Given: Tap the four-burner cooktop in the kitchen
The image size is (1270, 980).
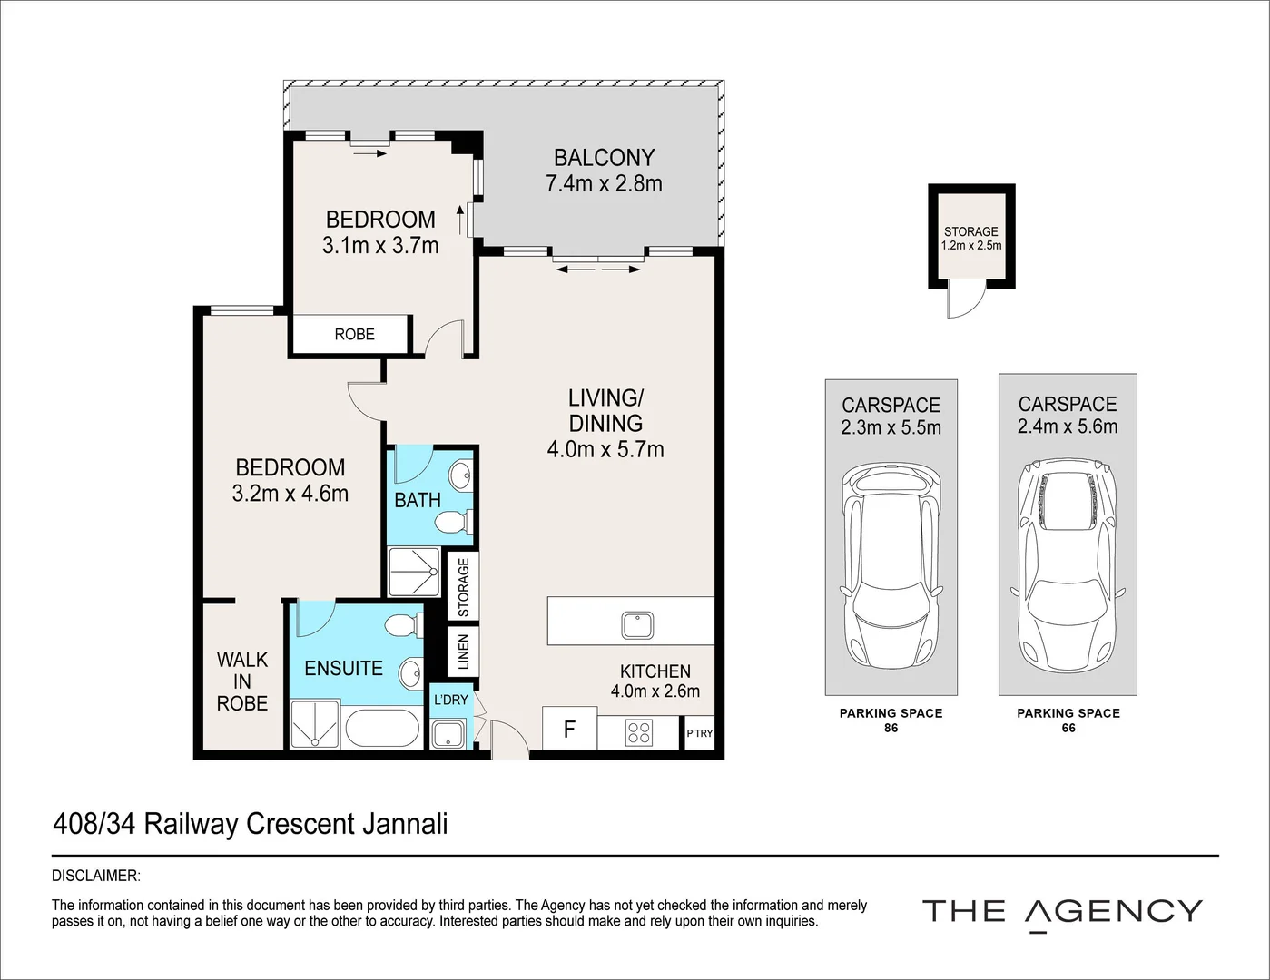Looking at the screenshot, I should pyautogui.click(x=639, y=731).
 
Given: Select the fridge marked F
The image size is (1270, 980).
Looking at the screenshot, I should pyautogui.click(x=569, y=729).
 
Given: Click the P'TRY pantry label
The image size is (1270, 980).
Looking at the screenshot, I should pyautogui.click(x=699, y=734).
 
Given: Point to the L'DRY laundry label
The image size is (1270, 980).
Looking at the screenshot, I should pyautogui.click(x=450, y=700).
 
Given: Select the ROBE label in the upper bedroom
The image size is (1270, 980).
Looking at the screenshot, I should pyautogui.click(x=354, y=334).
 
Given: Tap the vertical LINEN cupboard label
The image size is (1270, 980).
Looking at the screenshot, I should pyautogui.click(x=464, y=652).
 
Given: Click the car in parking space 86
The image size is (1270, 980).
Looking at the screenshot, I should pyautogui.click(x=891, y=566).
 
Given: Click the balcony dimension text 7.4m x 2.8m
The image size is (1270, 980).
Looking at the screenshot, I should pyautogui.click(x=604, y=184).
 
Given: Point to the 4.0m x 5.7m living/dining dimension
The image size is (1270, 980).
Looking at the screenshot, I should pyautogui.click(x=605, y=449).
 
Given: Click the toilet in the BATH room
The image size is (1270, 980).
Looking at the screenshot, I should pyautogui.click(x=450, y=523).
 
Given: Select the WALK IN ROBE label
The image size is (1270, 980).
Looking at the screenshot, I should pyautogui.click(x=242, y=681).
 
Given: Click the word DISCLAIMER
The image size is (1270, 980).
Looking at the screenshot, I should pyautogui.click(x=96, y=876).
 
